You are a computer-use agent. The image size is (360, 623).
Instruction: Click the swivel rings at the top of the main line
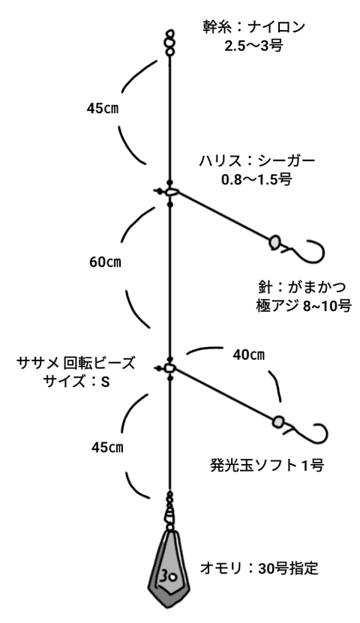(170, 43)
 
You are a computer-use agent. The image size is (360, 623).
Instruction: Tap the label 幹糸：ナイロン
(254, 28)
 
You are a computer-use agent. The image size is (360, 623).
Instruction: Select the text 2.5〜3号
(253, 45)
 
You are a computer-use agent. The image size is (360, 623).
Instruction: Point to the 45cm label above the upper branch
(103, 109)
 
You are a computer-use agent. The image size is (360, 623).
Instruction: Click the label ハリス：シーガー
(257, 161)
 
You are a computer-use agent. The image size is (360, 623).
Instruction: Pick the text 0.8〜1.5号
(256, 179)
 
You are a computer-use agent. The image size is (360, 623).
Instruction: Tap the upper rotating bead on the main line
(170, 192)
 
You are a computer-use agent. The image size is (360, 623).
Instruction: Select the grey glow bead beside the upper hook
(274, 242)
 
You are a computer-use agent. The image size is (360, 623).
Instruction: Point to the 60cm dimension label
(105, 262)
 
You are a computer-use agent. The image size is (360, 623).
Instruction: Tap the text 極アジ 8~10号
(304, 307)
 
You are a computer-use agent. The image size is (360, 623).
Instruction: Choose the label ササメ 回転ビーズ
(76, 363)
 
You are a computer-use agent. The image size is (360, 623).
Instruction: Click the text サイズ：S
(76, 382)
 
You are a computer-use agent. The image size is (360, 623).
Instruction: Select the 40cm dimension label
(249, 355)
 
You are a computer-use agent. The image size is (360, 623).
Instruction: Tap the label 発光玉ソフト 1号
(267, 465)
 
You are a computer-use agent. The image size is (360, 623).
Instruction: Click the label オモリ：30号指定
(259, 568)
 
